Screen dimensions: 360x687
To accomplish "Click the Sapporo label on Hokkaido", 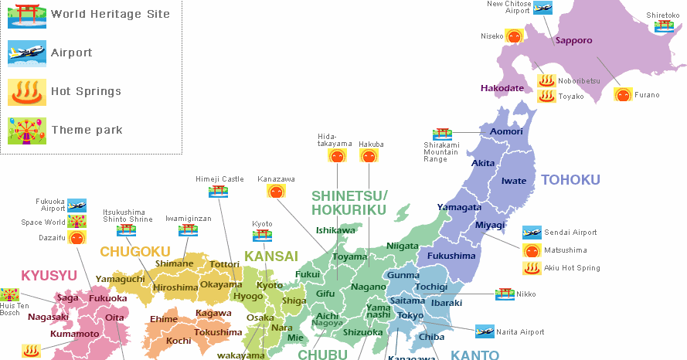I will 573,40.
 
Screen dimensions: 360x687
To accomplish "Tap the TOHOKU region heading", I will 570,180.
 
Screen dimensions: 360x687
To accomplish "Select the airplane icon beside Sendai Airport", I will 532,232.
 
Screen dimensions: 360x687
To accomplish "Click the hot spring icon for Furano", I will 623,95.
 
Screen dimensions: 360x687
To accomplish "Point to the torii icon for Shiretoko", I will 664,25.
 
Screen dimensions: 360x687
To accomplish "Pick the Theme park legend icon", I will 22,131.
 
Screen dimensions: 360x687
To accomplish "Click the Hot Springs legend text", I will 86,91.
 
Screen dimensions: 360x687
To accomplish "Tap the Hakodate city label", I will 502,88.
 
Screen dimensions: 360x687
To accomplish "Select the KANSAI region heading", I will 271,256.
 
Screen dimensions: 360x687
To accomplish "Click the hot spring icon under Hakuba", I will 369,155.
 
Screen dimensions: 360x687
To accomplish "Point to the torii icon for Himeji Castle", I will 219,191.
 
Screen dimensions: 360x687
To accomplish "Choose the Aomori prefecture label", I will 507,132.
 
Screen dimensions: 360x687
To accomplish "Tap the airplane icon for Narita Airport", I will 485,331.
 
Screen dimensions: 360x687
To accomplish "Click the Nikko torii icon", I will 505,294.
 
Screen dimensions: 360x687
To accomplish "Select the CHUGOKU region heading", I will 134,252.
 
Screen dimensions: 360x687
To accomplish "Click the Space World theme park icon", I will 77,222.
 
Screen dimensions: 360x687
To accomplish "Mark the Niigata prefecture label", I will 402,246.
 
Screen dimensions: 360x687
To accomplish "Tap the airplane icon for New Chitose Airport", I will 543,8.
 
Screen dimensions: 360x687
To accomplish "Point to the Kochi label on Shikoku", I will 179,341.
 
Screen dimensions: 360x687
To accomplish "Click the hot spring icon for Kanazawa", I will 276,191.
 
